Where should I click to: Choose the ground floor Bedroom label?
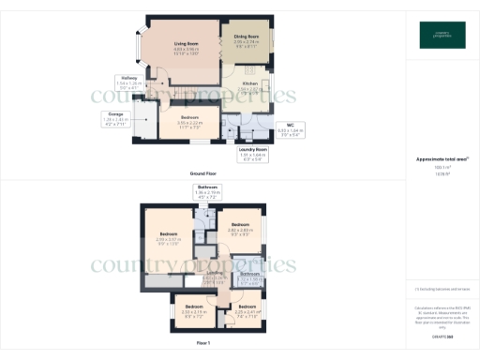point(189,118)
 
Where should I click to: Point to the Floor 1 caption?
point(203,344)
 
